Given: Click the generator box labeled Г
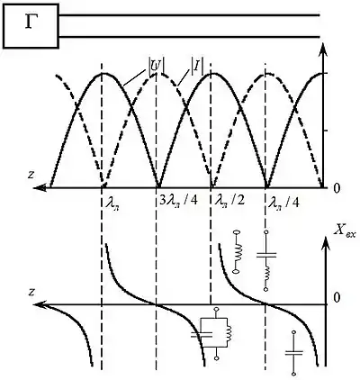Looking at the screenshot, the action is [x=31, y=26].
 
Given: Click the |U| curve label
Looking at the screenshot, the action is [x=156, y=66].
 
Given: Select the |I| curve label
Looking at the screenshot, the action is [x=197, y=66].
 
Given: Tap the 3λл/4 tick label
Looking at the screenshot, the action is [x=178, y=201].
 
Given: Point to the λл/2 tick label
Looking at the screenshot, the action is [x=228, y=201].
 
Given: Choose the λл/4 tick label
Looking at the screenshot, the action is [x=283, y=202].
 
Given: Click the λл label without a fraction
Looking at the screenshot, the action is [x=112, y=203].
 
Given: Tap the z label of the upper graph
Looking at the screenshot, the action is [x=31, y=175].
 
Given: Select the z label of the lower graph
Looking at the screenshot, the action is [x=31, y=292].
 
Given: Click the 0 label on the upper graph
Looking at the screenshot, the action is [x=337, y=188].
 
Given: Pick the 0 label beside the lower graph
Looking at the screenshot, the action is [x=337, y=297].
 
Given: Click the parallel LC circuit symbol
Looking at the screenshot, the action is [x=211, y=333].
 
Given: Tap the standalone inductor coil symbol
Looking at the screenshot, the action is [x=238, y=251].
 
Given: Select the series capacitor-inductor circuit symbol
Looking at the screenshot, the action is [x=266, y=260].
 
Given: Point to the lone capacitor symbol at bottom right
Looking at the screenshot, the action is [x=294, y=353].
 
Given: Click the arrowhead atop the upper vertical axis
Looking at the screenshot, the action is [x=323, y=49].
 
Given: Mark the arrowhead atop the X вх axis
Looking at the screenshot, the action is [x=327, y=242].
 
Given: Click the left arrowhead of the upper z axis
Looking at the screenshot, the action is [x=40, y=188].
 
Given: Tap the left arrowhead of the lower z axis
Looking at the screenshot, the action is [x=40, y=304].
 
